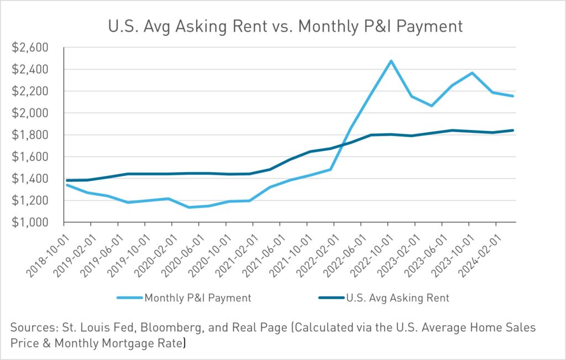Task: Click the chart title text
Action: click(282, 25)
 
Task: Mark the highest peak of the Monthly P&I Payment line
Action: click(391, 61)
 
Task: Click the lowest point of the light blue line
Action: click(190, 207)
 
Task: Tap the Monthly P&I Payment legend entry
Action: click(197, 298)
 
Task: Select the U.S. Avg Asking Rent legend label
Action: click(397, 298)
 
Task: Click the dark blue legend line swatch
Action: click(331, 298)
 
